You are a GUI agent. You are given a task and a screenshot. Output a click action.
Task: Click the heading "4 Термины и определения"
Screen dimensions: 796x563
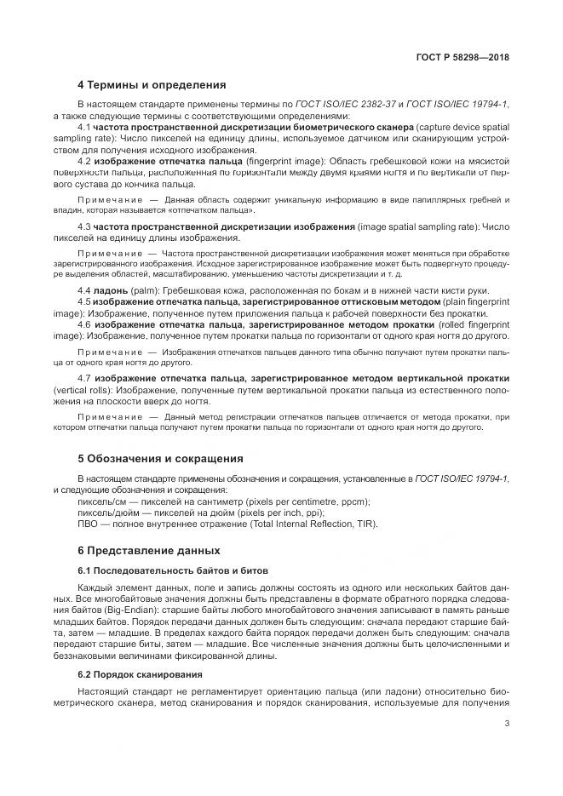tap(151, 84)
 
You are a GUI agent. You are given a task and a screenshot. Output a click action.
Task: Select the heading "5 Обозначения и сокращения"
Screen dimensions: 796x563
tap(160, 457)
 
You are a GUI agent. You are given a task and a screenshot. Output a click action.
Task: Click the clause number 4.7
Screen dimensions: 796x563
tap(84, 377)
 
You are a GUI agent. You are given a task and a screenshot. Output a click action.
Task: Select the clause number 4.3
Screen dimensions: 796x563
tap(84, 226)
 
